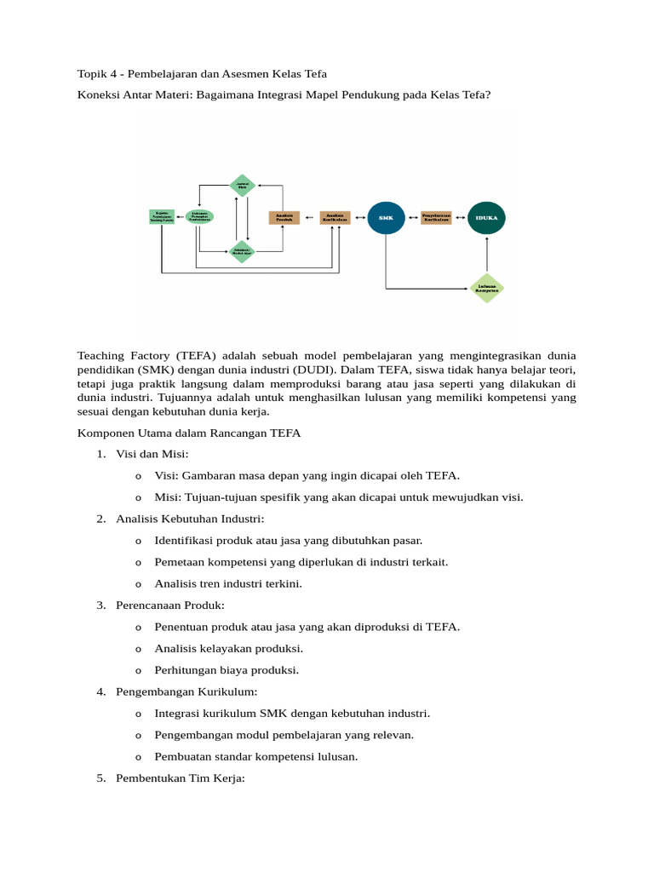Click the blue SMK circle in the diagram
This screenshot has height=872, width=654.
[x=386, y=217]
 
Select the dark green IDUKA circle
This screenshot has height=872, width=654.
[x=487, y=217]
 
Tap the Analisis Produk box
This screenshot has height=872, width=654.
[x=284, y=217]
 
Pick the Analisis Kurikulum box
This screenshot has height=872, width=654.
[x=335, y=217]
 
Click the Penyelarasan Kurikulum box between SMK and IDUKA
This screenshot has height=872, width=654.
[x=436, y=217]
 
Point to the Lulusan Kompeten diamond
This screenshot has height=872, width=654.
[x=487, y=288]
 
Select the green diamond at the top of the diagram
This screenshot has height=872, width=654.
[x=243, y=185]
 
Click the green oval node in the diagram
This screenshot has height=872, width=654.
[x=199, y=217]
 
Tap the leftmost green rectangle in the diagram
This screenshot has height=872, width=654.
[x=161, y=217]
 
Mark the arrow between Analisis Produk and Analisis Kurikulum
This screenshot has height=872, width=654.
[x=309, y=217]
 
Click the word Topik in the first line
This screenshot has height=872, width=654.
[x=94, y=74]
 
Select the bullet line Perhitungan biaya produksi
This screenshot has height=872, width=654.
[x=227, y=670]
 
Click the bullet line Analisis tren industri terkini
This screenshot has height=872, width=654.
[x=228, y=583]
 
